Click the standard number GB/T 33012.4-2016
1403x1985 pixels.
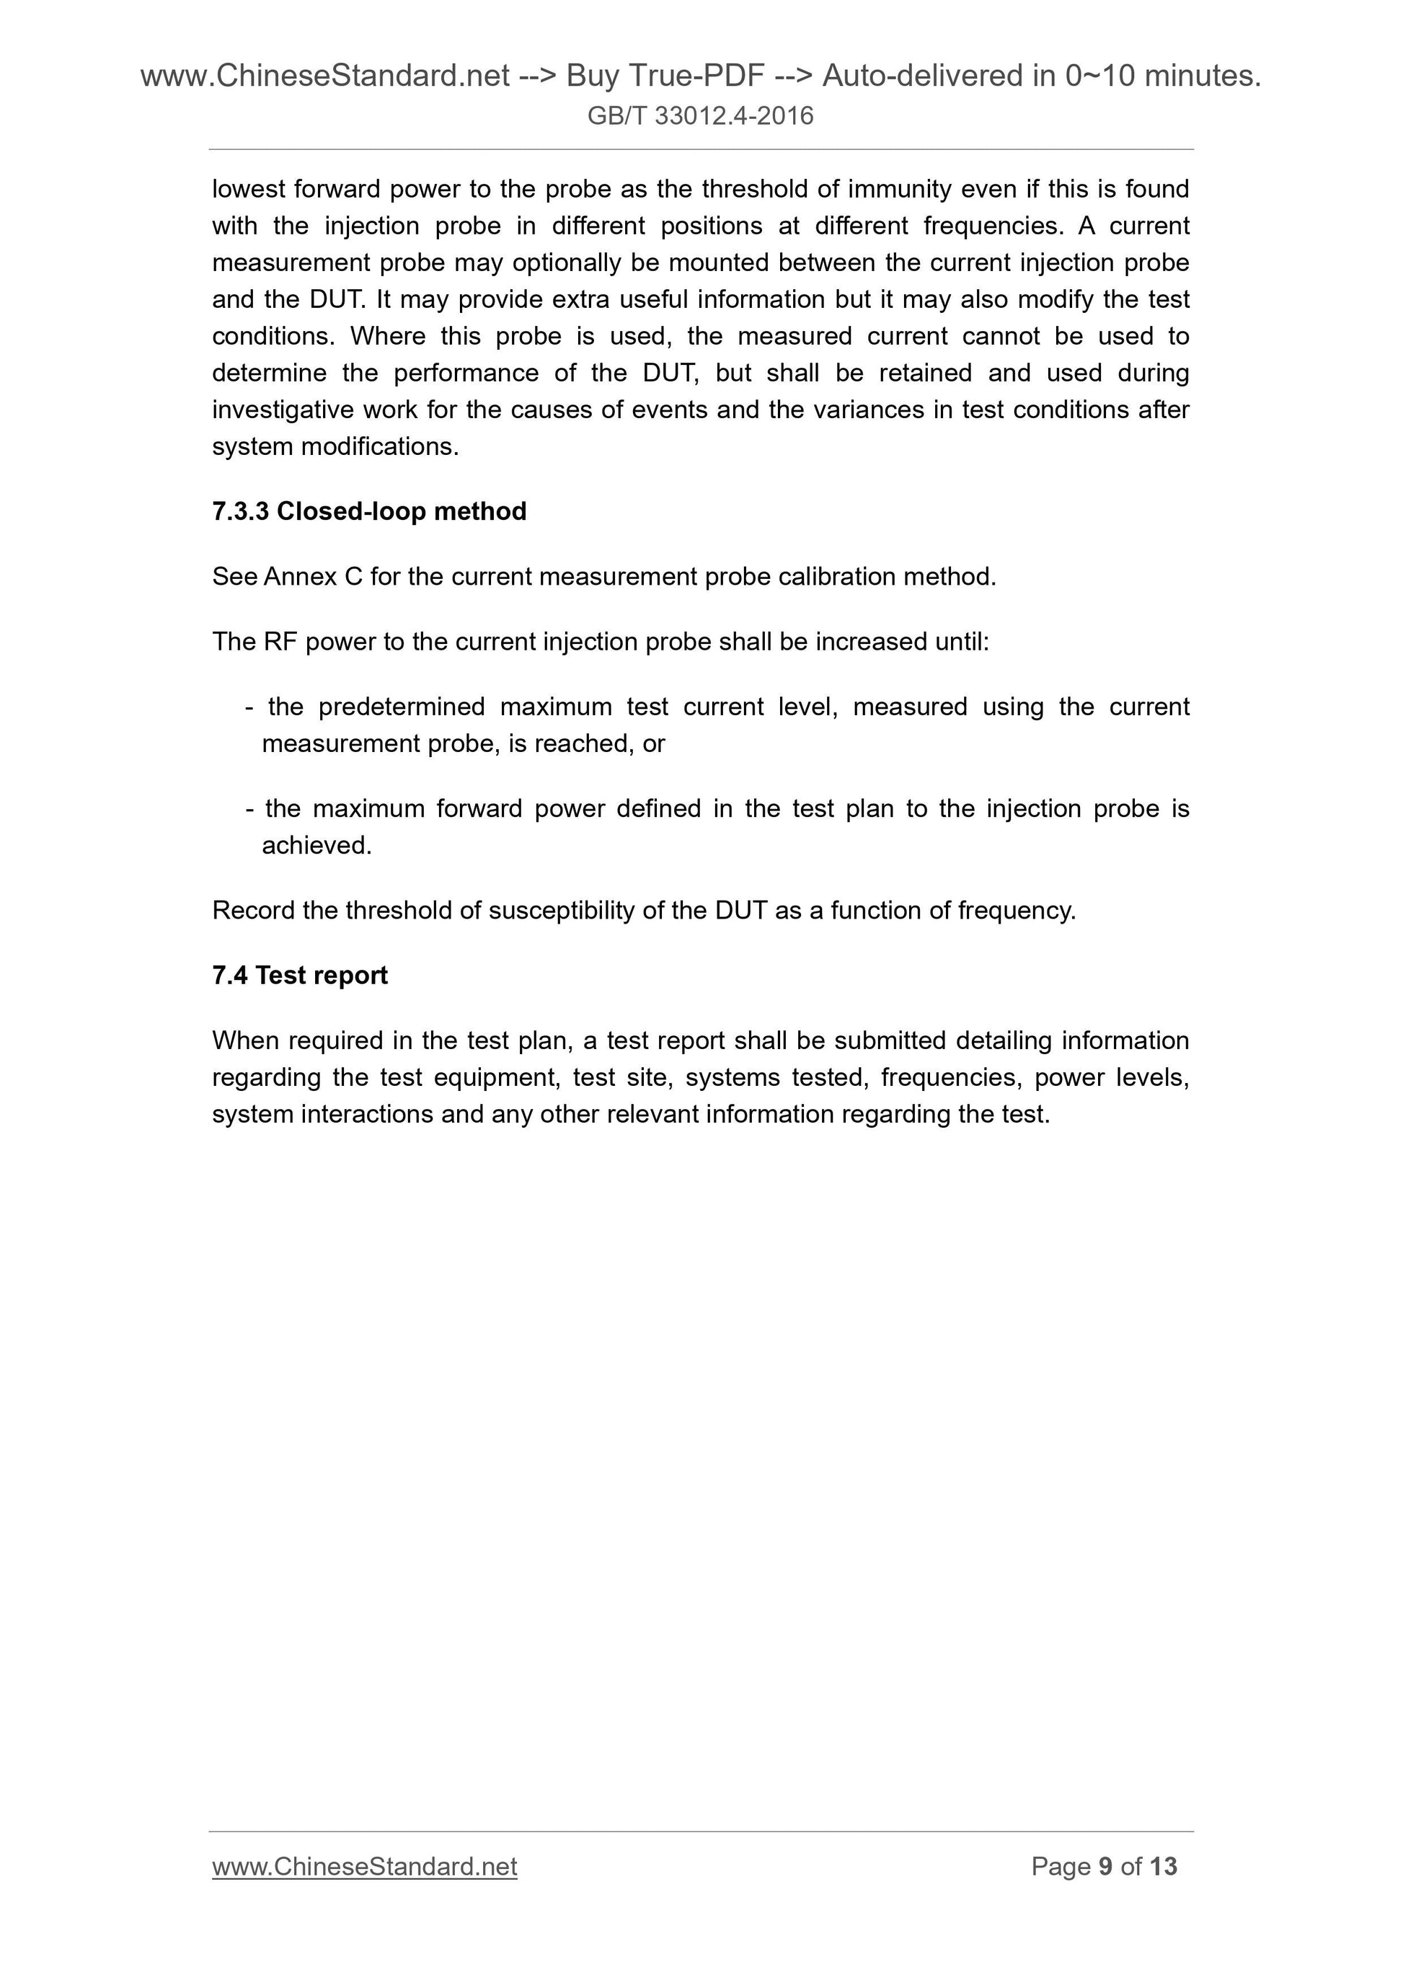pos(700,116)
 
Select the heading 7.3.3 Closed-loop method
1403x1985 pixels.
pos(369,511)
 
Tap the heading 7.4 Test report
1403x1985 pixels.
pos(300,976)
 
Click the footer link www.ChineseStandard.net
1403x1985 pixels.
pos(365,1867)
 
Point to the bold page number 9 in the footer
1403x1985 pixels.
pos(1106,1867)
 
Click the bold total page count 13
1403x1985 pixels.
pos(1164,1867)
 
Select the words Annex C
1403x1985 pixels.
pos(313,577)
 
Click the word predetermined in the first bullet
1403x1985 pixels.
pos(401,707)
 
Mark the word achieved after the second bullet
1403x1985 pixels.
pos(317,846)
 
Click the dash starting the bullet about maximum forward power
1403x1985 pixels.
pos(250,809)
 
